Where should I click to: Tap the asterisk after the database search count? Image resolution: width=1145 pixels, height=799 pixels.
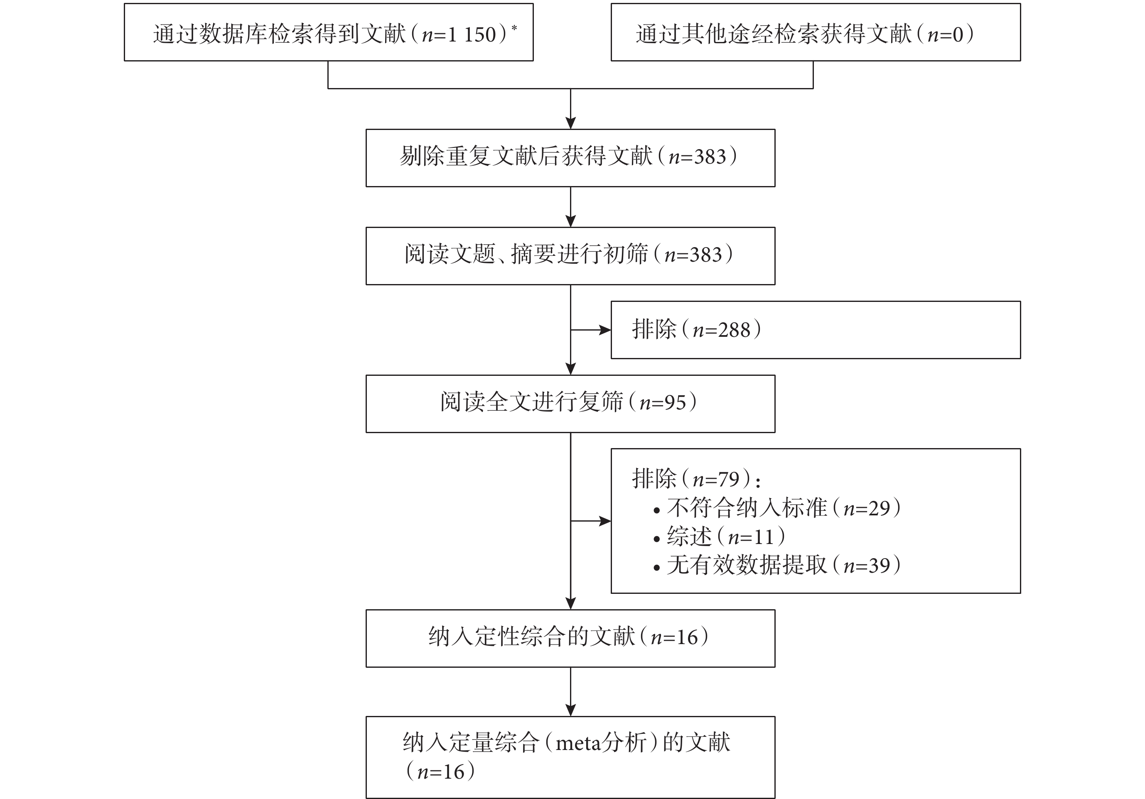click(514, 28)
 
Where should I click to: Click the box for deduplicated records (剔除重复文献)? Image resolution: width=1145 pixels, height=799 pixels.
click(570, 158)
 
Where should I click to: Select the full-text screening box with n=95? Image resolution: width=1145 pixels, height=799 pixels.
click(570, 404)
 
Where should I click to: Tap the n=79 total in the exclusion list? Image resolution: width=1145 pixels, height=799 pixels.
click(715, 479)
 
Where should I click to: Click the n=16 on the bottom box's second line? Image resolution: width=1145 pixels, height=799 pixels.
click(440, 772)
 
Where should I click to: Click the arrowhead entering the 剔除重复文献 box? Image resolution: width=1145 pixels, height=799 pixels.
click(570, 123)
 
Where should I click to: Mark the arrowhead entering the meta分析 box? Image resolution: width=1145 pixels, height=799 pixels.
click(570, 710)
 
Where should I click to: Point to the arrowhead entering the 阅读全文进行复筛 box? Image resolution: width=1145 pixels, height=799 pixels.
click(570, 369)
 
